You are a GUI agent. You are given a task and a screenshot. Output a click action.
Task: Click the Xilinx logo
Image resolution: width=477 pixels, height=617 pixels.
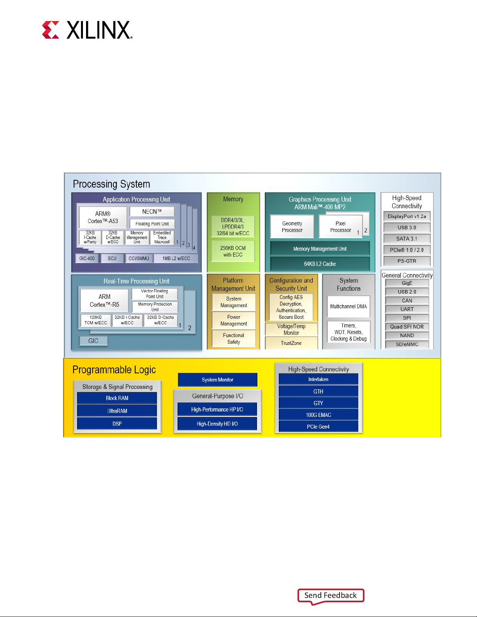87,30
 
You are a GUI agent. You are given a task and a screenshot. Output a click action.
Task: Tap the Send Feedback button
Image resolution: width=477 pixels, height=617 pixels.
331,596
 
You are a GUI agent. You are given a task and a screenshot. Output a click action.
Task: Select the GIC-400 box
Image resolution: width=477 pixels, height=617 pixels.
87,258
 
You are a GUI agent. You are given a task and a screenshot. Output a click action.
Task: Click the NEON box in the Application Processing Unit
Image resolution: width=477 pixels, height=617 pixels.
152,211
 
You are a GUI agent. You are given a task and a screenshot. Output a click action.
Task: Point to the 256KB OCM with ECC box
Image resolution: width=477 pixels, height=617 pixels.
233,251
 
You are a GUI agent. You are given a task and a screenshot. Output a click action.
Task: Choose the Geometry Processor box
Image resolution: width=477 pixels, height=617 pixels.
292,227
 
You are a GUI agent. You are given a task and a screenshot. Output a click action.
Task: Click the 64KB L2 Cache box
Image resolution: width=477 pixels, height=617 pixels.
320,264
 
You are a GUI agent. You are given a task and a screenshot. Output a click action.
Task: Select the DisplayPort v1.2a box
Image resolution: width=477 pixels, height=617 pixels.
407,216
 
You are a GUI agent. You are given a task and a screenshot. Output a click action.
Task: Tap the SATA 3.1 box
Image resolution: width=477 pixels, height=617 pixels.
407,239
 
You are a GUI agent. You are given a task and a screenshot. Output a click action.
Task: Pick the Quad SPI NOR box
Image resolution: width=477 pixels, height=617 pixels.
407,327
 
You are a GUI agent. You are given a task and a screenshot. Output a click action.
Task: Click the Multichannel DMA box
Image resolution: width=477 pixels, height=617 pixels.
349,306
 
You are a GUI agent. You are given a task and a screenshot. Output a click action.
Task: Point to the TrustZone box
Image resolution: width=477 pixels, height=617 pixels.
291,343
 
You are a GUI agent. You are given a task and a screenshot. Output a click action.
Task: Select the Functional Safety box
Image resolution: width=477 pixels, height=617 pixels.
234,338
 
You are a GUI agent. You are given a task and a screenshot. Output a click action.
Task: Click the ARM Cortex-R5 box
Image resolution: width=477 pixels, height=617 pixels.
104,301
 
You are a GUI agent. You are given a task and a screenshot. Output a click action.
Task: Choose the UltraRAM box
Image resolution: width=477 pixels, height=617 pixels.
117,411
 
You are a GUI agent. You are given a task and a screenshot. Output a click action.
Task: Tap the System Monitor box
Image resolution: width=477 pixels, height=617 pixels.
218,380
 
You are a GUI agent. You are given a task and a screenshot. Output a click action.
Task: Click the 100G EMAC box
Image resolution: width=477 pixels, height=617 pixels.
319,415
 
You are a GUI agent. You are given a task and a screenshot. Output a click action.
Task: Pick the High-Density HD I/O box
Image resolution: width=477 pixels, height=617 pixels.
217,424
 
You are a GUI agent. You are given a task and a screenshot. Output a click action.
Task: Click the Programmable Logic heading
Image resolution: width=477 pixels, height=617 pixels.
114,369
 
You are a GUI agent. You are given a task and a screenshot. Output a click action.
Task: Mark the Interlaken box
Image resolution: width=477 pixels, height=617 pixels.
319,379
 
